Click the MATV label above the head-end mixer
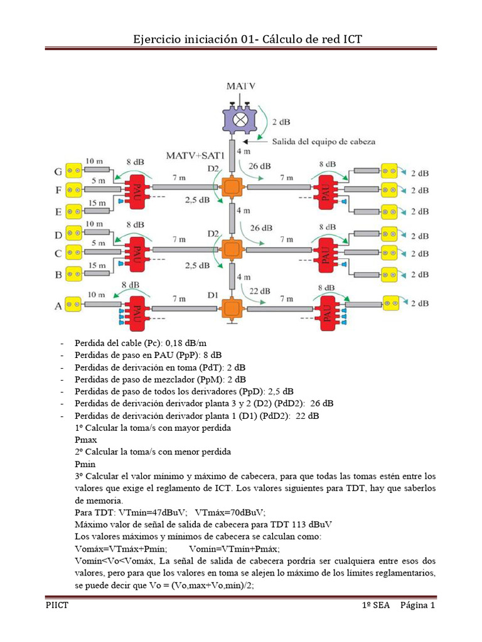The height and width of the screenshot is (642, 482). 241,87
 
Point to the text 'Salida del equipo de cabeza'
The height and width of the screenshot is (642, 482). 324,142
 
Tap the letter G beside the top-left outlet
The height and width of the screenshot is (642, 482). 59,171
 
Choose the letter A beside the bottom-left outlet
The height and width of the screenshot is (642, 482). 59,306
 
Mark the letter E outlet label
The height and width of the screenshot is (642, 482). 59,211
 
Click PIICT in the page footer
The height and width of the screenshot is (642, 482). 57,606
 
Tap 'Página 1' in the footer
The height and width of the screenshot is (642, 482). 417,606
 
